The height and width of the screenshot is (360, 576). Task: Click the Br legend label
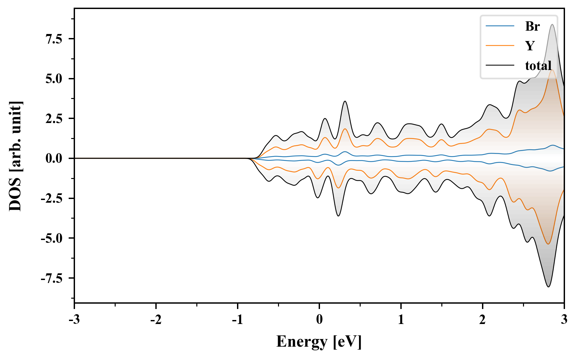(532, 26)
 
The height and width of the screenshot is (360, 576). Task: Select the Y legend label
(530, 45)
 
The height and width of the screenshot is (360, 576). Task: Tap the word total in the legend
(538, 65)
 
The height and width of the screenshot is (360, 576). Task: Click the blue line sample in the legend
(500, 26)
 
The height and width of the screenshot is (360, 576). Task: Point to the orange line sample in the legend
(500, 45)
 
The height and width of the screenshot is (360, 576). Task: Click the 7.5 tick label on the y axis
(54, 39)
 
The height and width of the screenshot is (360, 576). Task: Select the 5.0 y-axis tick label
(54, 79)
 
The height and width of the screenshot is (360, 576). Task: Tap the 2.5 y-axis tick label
(54, 119)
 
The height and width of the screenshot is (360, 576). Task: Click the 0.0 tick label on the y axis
(54, 158)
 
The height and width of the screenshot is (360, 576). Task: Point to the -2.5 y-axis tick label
(52, 198)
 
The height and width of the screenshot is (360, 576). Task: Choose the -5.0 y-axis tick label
(52, 238)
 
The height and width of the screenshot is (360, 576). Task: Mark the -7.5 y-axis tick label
(52, 278)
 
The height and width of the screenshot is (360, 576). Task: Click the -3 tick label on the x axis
(74, 320)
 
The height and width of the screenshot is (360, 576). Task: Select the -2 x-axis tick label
(156, 320)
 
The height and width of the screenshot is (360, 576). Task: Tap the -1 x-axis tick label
(237, 320)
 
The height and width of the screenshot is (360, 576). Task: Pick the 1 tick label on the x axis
(401, 320)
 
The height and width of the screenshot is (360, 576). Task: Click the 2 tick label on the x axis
(482, 320)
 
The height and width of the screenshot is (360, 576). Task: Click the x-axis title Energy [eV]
(319, 342)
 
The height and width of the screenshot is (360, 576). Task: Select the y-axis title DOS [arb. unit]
(15, 156)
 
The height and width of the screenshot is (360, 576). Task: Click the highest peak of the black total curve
(552, 25)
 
